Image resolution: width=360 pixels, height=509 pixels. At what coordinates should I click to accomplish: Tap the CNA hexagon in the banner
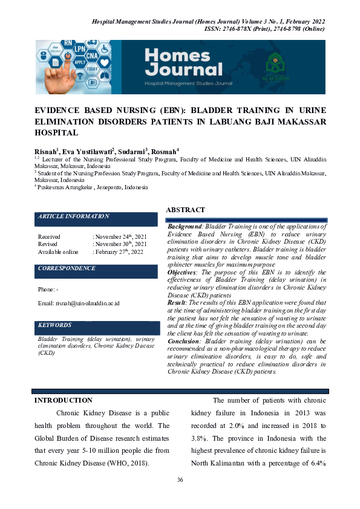click(x=91, y=57)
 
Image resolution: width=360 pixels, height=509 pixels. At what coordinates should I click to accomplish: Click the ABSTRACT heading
click(x=185, y=210)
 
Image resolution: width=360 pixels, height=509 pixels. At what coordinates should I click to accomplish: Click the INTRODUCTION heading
click(x=64, y=400)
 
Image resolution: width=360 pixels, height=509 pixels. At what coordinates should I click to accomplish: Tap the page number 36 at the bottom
click(x=180, y=480)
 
